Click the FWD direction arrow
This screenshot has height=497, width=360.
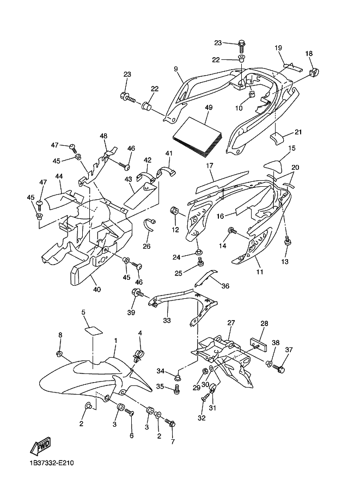40,446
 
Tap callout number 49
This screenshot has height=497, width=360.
209,108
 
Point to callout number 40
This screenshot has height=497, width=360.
97,290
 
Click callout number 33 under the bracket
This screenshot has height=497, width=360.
167,320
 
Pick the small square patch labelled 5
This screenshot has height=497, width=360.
94,330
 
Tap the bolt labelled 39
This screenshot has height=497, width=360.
137,293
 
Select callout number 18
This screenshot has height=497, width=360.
309,53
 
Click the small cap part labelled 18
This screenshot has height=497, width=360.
314,72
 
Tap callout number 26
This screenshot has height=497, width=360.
146,246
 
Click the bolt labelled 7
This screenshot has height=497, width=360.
170,422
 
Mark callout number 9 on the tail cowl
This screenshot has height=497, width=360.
176,69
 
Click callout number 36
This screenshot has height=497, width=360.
225,286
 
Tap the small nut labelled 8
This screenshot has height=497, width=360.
59,353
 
